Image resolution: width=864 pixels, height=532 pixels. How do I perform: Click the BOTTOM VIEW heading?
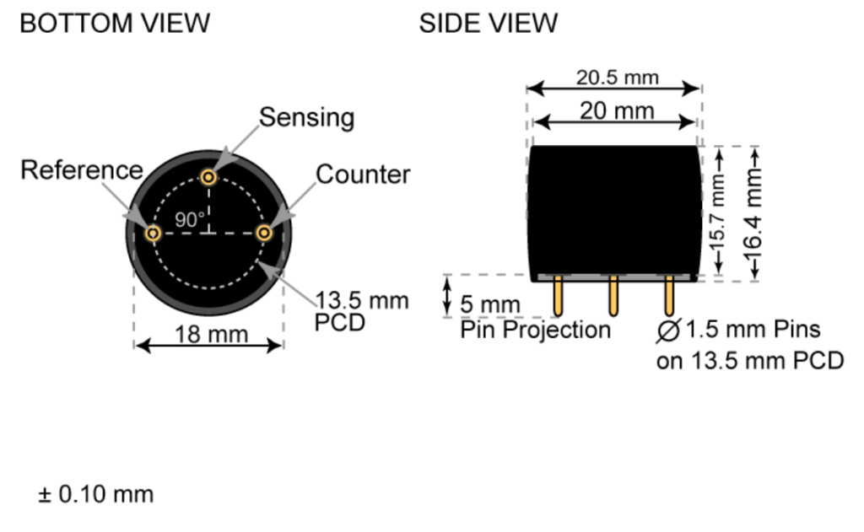[115, 24]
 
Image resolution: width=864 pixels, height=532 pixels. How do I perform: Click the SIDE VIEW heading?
[489, 24]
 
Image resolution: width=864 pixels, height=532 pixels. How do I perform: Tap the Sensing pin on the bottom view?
[208, 177]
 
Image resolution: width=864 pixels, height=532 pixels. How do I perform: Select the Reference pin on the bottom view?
[153, 233]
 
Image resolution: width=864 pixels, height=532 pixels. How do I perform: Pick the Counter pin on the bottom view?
[264, 232]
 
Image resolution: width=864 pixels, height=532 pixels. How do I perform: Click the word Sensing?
[306, 117]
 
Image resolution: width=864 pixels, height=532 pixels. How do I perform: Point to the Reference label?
[81, 170]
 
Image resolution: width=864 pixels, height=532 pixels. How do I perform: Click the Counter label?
[363, 175]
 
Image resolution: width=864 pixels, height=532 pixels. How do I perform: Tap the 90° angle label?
[190, 220]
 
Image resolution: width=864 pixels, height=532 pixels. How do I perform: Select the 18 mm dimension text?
[211, 334]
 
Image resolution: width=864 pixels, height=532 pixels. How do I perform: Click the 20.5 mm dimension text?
[617, 78]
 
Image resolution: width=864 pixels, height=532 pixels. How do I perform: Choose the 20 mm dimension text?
[617, 110]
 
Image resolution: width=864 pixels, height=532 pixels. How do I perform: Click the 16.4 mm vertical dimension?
[753, 211]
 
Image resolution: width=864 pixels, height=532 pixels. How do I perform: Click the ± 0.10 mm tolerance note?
[95, 494]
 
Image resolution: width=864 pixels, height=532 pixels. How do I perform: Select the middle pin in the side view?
[613, 296]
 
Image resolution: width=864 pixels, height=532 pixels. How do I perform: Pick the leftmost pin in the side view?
[559, 296]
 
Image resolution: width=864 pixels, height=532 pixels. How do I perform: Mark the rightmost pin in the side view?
[669, 296]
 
